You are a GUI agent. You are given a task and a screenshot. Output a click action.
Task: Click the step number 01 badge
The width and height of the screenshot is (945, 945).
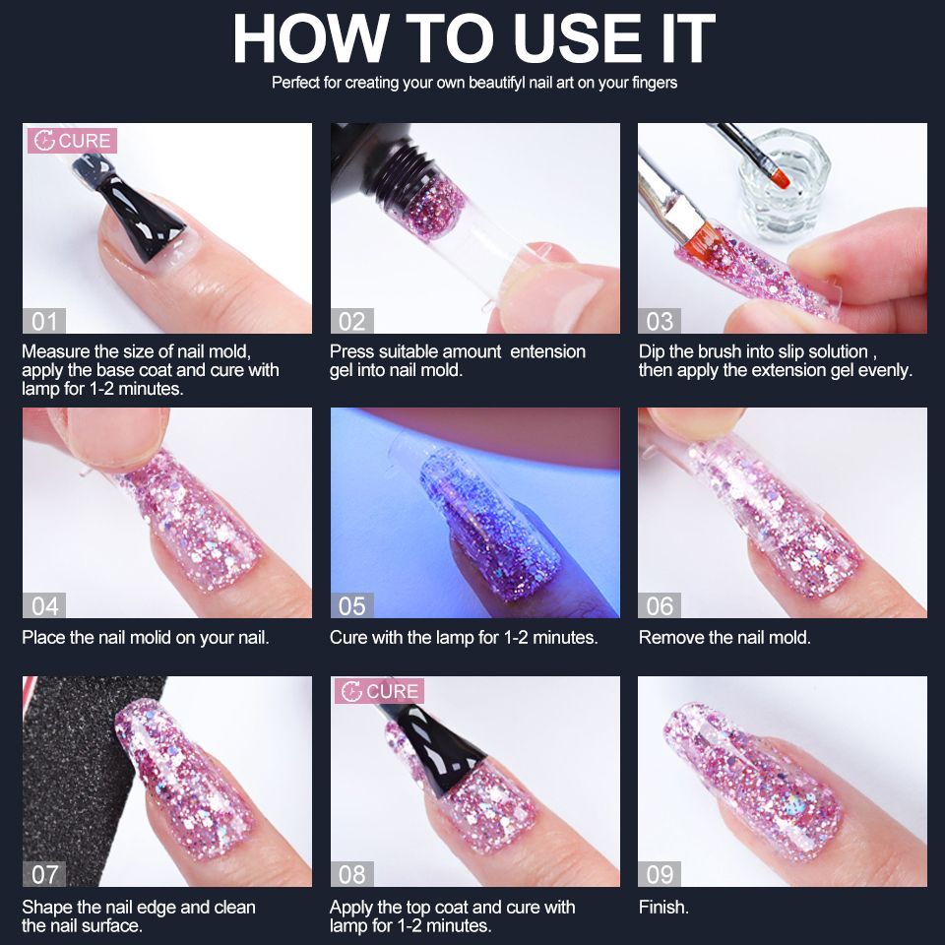point(44,321)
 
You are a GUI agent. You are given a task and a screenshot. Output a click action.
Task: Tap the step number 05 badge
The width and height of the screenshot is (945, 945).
point(352,605)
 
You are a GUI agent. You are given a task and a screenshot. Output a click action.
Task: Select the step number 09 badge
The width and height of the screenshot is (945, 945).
point(660,874)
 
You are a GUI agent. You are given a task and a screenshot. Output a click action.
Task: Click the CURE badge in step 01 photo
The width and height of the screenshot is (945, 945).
point(72,141)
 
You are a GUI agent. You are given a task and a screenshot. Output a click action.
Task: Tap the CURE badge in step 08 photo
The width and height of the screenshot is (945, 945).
point(379,691)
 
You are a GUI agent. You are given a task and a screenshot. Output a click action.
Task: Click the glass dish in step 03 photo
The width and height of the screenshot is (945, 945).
point(785,184)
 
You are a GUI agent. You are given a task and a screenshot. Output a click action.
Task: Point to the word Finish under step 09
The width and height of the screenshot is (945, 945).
point(663,907)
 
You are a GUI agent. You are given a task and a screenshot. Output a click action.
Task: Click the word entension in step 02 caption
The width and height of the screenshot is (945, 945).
point(548,351)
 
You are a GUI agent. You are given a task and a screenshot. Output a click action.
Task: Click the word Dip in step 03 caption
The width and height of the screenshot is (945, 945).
point(651,352)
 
